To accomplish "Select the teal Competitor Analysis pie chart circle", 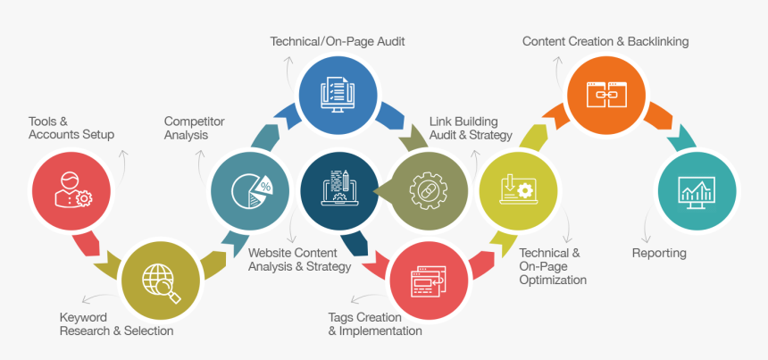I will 249,190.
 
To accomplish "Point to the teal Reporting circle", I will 696,190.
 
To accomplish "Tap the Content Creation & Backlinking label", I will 605,41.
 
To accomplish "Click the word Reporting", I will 659,253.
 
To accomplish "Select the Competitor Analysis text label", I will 193,128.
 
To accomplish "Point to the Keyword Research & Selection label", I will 116,324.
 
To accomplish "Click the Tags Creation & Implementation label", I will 375,324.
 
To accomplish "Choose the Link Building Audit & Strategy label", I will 471,128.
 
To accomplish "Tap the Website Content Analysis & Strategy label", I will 299,259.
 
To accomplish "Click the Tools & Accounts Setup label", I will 71,128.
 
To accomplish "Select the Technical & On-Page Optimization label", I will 553,266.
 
